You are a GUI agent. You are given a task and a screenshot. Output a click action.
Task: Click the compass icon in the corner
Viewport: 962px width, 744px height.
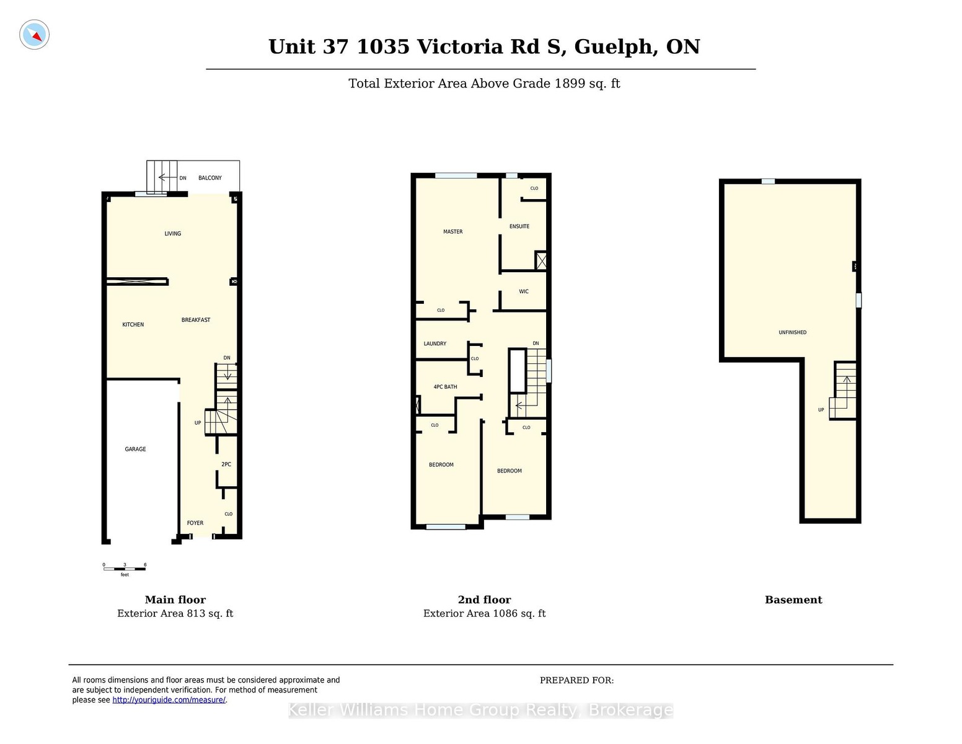tap(34, 35)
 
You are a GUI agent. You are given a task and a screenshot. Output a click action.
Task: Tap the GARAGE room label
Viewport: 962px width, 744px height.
tap(135, 449)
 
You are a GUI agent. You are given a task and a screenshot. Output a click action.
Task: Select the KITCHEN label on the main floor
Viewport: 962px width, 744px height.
tap(133, 324)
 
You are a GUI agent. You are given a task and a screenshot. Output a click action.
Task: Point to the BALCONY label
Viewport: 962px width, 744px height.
tap(210, 178)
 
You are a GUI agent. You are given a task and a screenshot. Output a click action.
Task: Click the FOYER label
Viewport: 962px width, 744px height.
tap(195, 523)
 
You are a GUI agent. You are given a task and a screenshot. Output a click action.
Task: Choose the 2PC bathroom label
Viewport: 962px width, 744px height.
tap(226, 464)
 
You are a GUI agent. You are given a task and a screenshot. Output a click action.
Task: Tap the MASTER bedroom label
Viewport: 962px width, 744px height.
tap(453, 231)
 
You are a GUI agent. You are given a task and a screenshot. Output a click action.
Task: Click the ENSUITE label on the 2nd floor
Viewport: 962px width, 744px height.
tap(519, 226)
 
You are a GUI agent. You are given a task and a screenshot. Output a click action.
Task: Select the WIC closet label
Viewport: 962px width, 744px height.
tap(524, 291)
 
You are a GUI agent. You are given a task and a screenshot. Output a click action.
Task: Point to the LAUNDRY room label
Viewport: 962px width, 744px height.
tap(435, 343)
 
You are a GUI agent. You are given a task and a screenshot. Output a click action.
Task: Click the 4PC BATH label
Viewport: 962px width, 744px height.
tap(445, 387)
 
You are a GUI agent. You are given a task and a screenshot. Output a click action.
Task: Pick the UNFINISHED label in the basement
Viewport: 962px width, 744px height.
tap(792, 332)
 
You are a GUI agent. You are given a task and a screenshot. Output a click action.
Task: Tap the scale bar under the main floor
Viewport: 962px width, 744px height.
tap(125, 569)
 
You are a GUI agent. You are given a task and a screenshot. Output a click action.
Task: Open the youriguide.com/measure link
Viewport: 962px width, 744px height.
tap(169, 700)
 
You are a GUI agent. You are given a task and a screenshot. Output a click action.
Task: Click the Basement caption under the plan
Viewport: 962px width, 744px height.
tap(793, 600)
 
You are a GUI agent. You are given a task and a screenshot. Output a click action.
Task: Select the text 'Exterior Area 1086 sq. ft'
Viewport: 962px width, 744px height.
tap(484, 613)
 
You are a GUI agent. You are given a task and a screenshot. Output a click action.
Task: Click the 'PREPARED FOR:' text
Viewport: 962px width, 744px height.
tap(576, 680)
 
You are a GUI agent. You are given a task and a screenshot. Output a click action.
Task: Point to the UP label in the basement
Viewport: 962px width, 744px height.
tap(821, 410)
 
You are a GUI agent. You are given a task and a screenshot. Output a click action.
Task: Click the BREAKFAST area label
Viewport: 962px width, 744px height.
tap(196, 319)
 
